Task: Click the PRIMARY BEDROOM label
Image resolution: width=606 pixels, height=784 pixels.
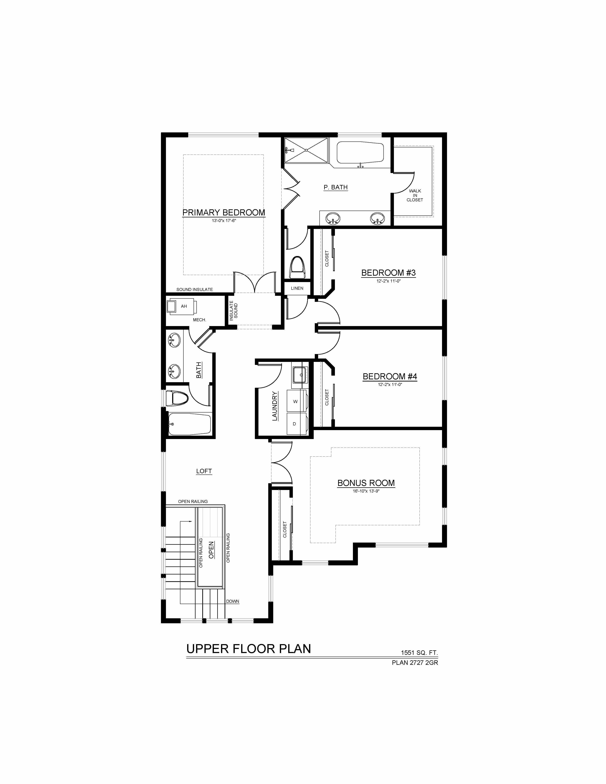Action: tap(224, 213)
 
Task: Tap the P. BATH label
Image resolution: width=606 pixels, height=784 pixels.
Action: tap(336, 187)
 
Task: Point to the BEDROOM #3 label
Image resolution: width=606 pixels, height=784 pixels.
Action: tap(388, 273)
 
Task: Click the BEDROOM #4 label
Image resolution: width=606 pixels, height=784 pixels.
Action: tap(390, 376)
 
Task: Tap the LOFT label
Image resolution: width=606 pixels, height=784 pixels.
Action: tap(204, 471)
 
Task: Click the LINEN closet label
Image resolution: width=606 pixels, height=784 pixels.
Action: tap(297, 288)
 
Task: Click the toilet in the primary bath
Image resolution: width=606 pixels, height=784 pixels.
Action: tap(297, 267)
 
